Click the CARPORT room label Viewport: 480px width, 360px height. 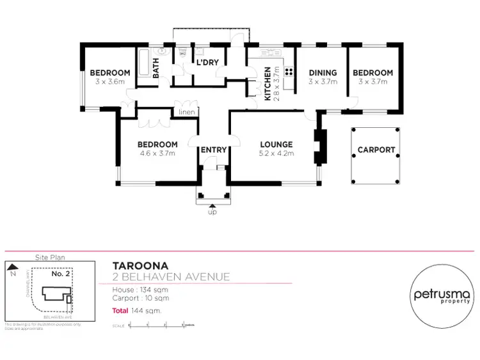pyautogui.click(x=376, y=151)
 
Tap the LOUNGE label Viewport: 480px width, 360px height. pyautogui.click(x=276, y=145)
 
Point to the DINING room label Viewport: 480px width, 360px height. pyautogui.click(x=323, y=73)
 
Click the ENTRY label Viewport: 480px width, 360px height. pyautogui.click(x=214, y=150)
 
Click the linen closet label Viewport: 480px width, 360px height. pyautogui.click(x=186, y=113)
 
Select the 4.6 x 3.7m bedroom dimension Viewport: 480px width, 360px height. pyautogui.click(x=157, y=153)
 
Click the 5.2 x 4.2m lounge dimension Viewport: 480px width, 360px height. pyautogui.click(x=276, y=153)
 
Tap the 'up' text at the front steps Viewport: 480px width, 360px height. pyautogui.click(x=212, y=212)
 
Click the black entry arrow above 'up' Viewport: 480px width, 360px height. pyautogui.click(x=212, y=205)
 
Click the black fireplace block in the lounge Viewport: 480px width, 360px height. pyautogui.click(x=319, y=146)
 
